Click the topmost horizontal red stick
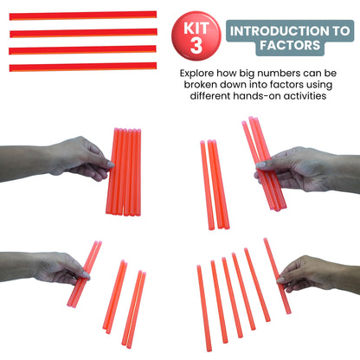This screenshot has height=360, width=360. pyautogui.click(x=83, y=15)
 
